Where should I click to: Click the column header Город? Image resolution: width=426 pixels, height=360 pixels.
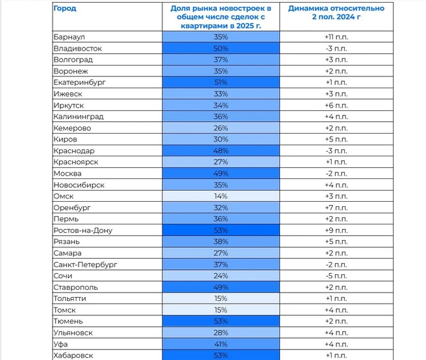[x=65, y=8]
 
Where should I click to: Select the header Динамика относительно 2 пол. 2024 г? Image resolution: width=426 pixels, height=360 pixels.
[x=336, y=12]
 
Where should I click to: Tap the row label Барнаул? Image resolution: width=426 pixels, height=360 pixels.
[x=69, y=37]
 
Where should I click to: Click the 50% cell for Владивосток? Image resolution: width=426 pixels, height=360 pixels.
[x=221, y=49]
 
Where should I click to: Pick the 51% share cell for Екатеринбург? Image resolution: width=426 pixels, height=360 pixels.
[x=221, y=82]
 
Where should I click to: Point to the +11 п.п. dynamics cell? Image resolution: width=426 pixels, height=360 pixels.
[x=336, y=37]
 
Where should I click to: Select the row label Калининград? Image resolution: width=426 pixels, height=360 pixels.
[x=79, y=117]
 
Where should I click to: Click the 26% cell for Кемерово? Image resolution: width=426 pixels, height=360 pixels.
[x=221, y=128]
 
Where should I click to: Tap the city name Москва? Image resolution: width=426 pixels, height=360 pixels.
[x=68, y=174]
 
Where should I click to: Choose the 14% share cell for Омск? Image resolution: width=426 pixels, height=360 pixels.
[x=221, y=196]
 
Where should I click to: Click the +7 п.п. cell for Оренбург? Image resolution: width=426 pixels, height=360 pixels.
[x=336, y=208]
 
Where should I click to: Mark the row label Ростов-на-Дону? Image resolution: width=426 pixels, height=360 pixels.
[x=83, y=230]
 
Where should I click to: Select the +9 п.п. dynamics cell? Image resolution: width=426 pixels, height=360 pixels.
[x=336, y=230]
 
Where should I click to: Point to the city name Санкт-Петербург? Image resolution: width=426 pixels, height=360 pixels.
[x=85, y=265]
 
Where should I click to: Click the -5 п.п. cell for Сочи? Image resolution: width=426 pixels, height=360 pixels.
[x=336, y=276]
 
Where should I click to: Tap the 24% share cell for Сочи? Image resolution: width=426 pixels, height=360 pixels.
[x=221, y=276]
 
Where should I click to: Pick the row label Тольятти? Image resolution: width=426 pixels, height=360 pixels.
[x=70, y=298]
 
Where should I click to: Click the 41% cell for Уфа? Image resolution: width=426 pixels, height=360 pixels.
[x=221, y=344]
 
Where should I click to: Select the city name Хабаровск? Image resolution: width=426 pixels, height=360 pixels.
[x=73, y=355]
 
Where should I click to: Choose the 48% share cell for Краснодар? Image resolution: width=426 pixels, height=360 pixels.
[x=221, y=151]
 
